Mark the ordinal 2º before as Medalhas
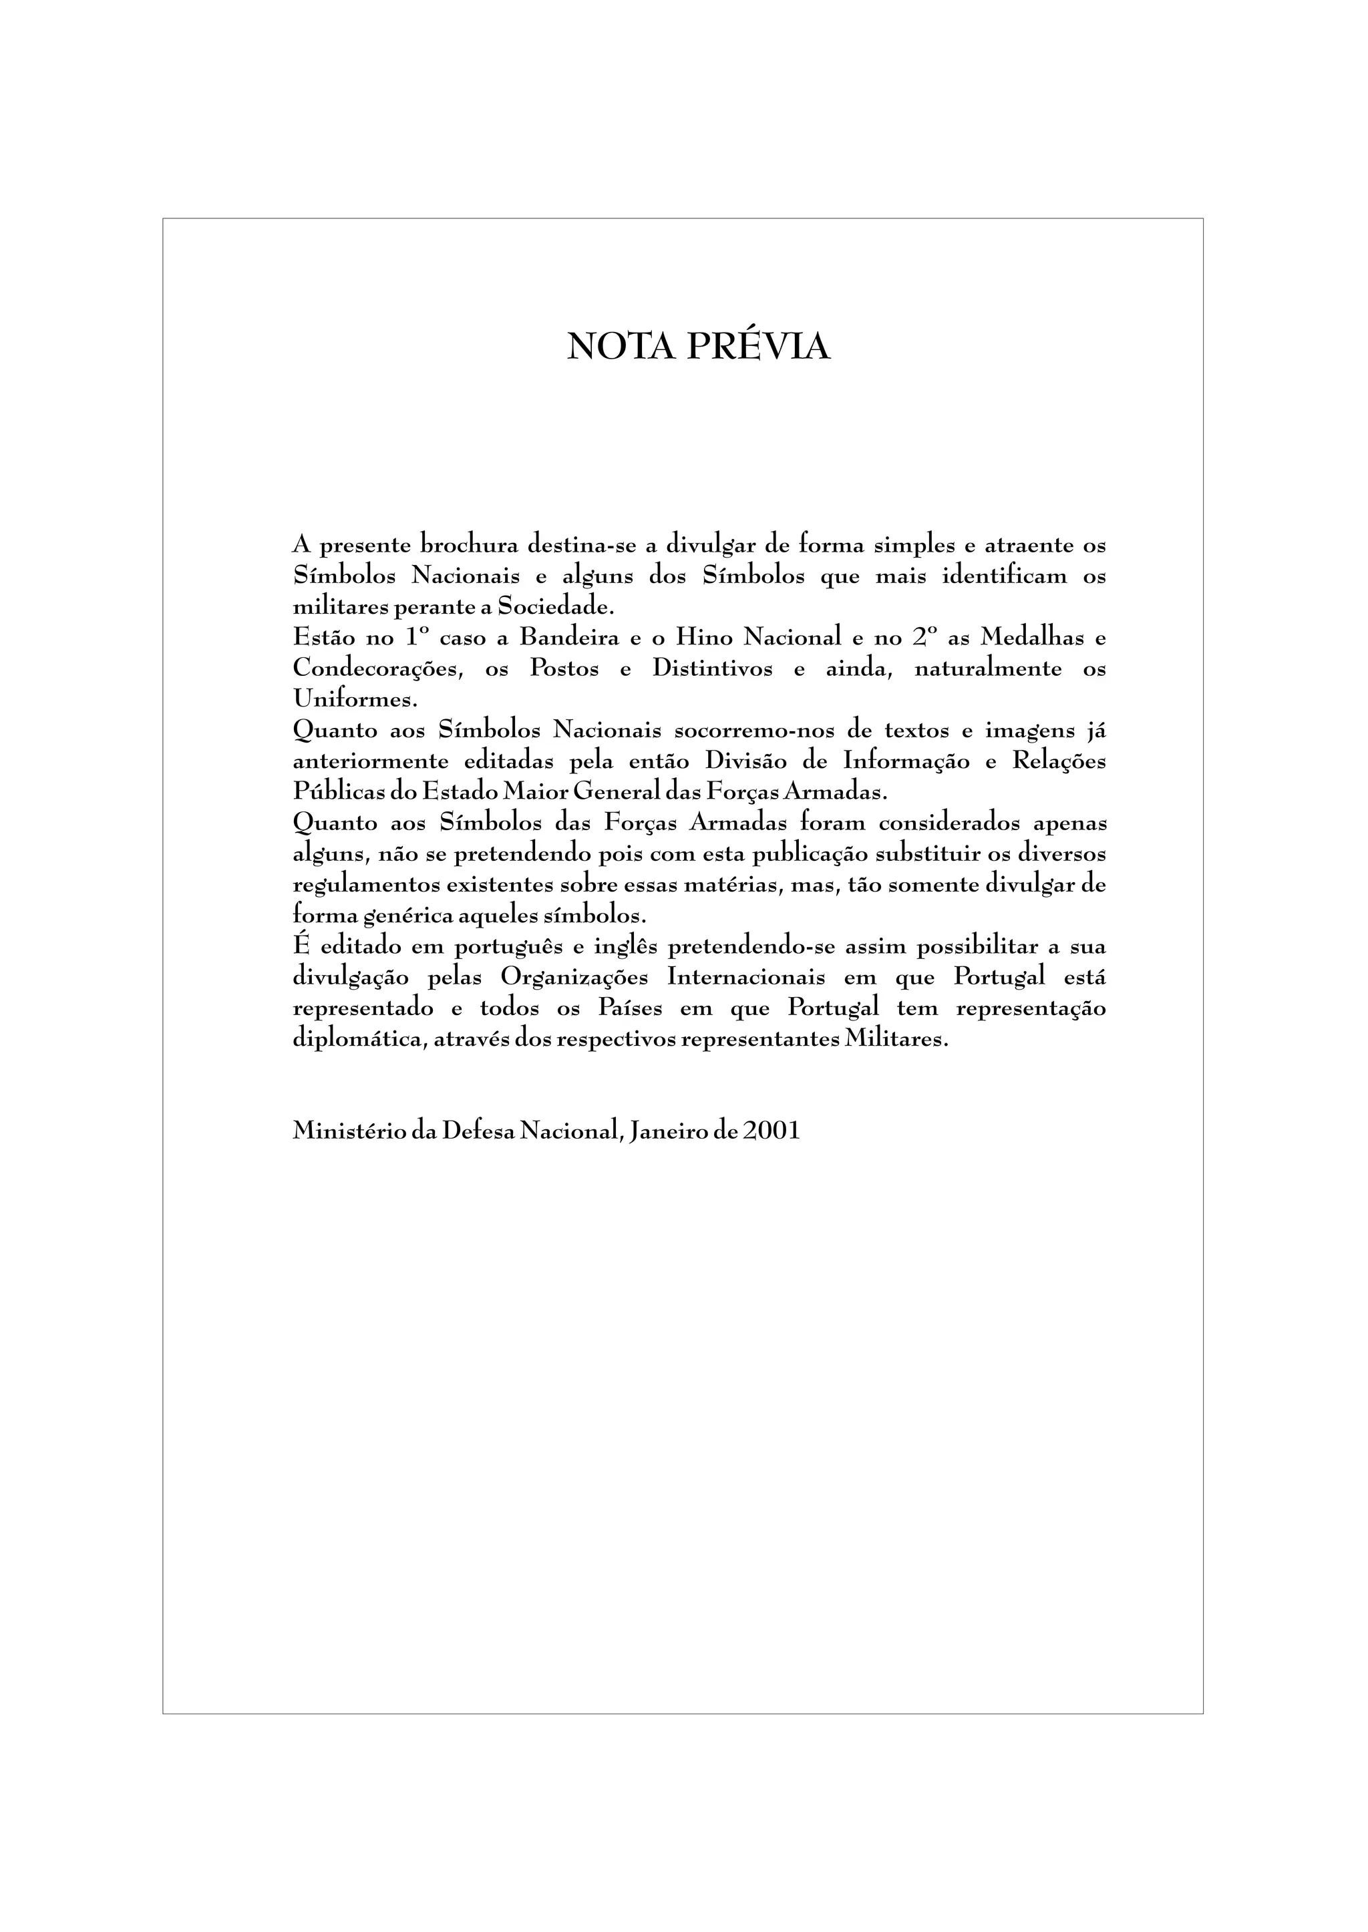[x=924, y=638]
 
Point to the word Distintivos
[x=712, y=668]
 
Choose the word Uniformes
[x=355, y=699]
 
